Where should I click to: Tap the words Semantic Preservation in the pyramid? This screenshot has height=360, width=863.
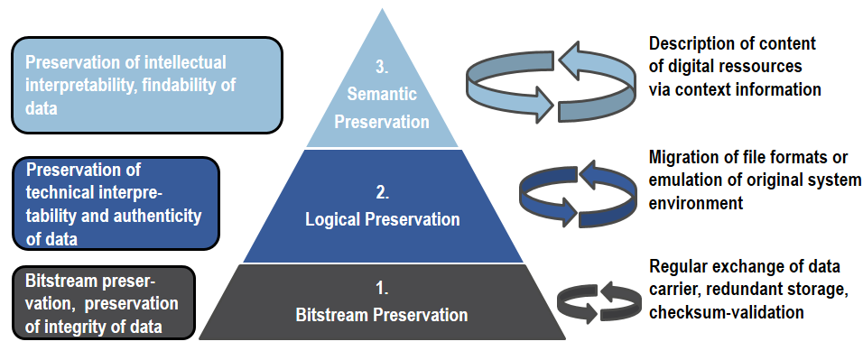tap(381, 108)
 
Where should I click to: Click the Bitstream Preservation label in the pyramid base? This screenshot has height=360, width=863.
tap(382, 315)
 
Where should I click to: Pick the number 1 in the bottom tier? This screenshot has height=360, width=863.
tap(381, 291)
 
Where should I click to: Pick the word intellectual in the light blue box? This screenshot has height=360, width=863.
tap(177, 63)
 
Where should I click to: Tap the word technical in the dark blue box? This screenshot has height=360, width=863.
tap(60, 195)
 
